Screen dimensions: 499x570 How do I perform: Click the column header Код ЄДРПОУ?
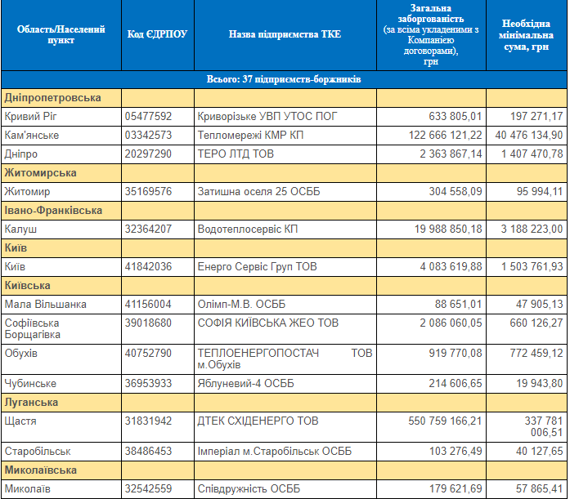[158, 34]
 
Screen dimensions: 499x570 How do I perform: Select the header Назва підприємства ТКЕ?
[285, 34]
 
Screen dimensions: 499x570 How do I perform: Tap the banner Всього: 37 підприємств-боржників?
[284, 79]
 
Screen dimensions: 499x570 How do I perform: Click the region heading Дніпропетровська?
[53, 98]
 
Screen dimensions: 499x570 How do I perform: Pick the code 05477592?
[148, 117]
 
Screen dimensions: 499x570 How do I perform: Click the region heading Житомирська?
[41, 173]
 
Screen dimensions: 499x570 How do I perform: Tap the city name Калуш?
[20, 229]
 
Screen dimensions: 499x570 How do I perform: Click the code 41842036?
[148, 267]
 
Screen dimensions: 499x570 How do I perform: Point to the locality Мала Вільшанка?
[45, 305]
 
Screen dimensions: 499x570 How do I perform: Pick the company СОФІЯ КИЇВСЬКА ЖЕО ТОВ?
[268, 323]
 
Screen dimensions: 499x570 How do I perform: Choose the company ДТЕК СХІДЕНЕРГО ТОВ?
[258, 421]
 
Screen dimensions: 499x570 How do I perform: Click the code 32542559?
[148, 488]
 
